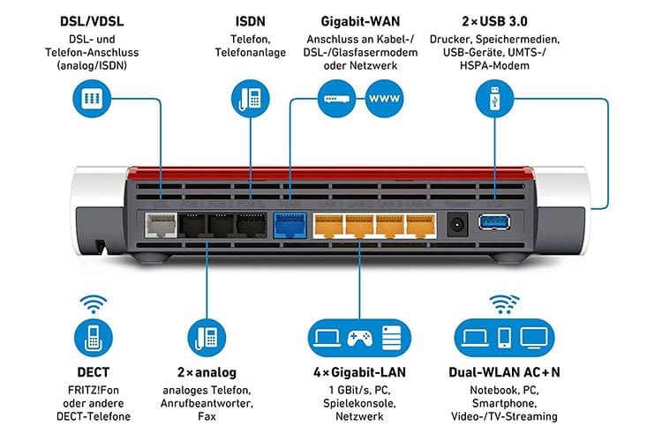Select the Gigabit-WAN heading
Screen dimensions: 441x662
pyautogui.click(x=357, y=19)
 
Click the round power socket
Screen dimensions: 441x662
pyautogui.click(x=458, y=225)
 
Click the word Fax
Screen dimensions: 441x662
pyautogui.click(x=207, y=415)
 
